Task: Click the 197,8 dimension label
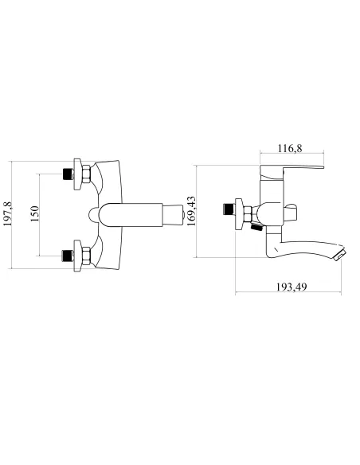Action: (x=7, y=214)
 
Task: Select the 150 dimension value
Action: (x=35, y=214)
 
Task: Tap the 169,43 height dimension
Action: (x=192, y=211)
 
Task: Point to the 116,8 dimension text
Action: (x=290, y=148)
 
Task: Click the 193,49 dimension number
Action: (x=292, y=287)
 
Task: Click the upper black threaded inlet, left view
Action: (x=68, y=174)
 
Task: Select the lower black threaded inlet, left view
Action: (x=68, y=256)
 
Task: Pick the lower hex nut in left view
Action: (x=85, y=256)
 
